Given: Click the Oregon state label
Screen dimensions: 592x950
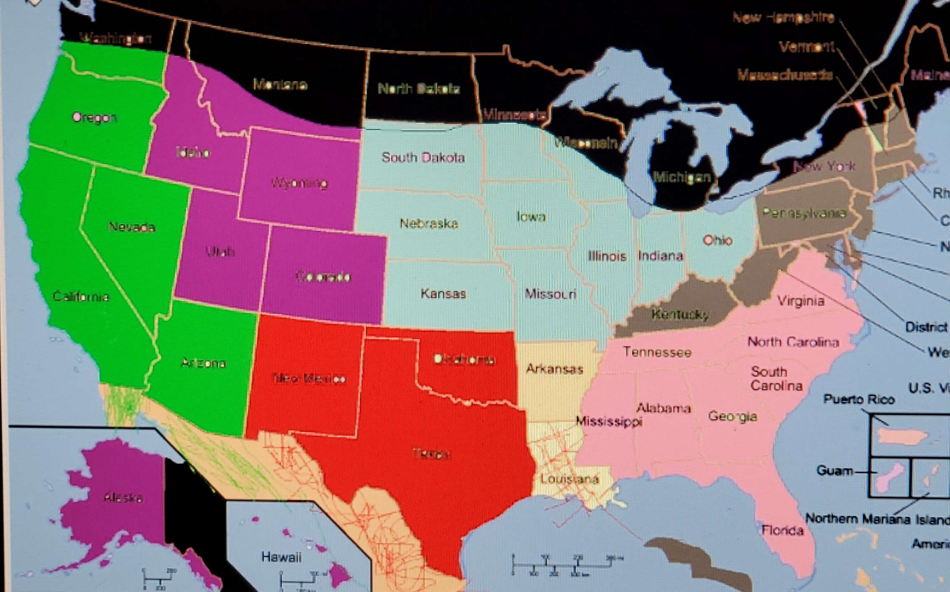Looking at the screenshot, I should pyautogui.click(x=95, y=117).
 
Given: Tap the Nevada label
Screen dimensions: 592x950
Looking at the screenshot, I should pyautogui.click(x=132, y=227).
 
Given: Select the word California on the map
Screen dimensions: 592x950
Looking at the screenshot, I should pyautogui.click(x=81, y=297).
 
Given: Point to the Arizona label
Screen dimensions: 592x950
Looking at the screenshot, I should pyautogui.click(x=204, y=363).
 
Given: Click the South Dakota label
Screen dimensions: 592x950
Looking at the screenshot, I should pyautogui.click(x=423, y=157).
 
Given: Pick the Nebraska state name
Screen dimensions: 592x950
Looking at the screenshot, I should pyautogui.click(x=429, y=223).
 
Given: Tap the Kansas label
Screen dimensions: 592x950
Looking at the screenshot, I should pyautogui.click(x=443, y=293).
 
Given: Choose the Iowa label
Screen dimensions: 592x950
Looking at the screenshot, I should pyautogui.click(x=531, y=216).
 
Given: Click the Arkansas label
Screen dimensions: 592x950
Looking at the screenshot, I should pyautogui.click(x=555, y=369).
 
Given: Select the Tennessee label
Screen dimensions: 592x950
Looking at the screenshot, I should pyautogui.click(x=657, y=352).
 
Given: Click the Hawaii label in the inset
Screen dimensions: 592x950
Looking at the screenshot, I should pyautogui.click(x=281, y=557).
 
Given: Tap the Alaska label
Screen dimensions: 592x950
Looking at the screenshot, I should pyautogui.click(x=123, y=497).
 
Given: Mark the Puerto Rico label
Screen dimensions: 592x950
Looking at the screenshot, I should pyautogui.click(x=859, y=399).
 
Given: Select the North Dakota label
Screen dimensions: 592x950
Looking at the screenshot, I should pyautogui.click(x=419, y=89).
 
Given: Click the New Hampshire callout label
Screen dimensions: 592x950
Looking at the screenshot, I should pyautogui.click(x=783, y=18).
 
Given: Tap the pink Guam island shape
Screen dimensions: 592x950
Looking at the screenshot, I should pyautogui.click(x=890, y=478).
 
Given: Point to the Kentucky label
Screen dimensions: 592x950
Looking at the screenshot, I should pyautogui.click(x=680, y=314).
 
